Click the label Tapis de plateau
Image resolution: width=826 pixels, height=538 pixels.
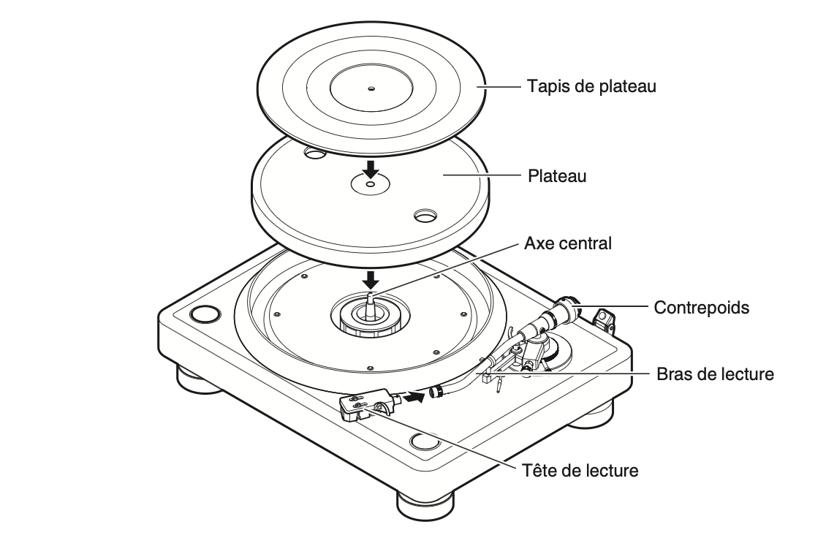(x=591, y=87)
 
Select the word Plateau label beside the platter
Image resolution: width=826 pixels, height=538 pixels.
(x=558, y=176)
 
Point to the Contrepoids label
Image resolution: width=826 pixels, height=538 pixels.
(x=701, y=308)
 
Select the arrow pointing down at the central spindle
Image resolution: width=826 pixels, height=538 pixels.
(x=372, y=278)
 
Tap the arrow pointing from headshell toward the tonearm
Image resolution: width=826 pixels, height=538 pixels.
(x=414, y=398)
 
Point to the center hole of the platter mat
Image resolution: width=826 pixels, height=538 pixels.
(x=371, y=88)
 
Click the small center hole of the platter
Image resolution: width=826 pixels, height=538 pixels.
(x=371, y=185)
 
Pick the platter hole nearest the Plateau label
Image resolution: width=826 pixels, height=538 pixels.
(x=423, y=216)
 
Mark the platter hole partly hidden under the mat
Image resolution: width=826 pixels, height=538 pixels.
(x=315, y=154)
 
